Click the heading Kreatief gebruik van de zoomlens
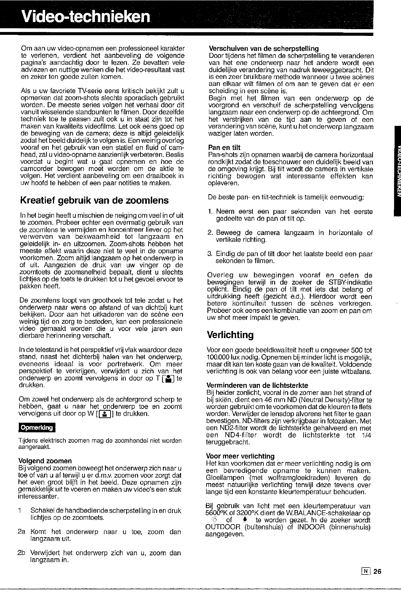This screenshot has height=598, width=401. coord(94,200)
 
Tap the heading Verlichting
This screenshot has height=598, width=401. coord(230,335)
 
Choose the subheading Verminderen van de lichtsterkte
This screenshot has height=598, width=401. coord(257,385)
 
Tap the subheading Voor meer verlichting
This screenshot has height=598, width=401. coord(240,456)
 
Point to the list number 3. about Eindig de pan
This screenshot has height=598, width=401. coord(210,254)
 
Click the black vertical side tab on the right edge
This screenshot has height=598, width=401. coord(397,171)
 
